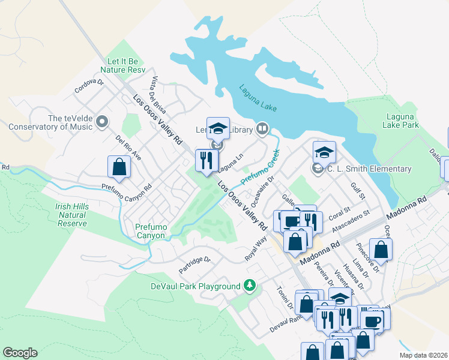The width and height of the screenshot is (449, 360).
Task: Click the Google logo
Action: [20, 353]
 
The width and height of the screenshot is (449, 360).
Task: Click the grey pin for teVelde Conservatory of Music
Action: [101, 122]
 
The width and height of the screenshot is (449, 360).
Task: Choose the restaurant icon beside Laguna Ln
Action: [206, 160]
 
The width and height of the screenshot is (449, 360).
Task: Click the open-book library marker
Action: [262, 128]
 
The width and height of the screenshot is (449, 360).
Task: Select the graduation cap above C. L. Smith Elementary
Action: [324, 152]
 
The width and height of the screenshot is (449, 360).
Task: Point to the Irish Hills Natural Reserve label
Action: [71, 215]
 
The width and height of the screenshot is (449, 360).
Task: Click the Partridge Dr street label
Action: [195, 266]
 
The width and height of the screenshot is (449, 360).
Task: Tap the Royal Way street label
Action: [255, 248]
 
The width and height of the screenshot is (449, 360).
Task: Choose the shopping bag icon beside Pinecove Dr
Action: [380, 249]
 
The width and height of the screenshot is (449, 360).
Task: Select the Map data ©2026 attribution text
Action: [423, 355]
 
